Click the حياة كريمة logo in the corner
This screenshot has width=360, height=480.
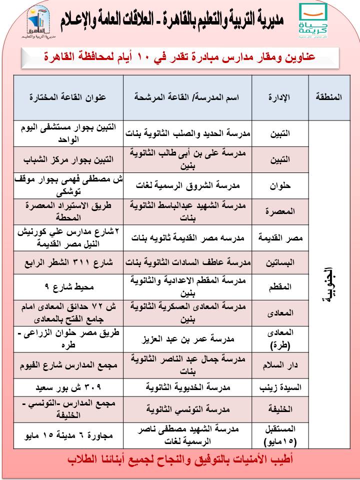coord(313,21)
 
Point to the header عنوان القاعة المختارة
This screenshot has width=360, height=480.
coord(68,97)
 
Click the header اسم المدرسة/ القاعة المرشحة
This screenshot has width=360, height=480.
coord(187,97)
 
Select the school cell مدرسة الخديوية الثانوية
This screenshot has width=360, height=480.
coord(187,387)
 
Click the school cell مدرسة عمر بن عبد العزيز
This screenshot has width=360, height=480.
coord(187,339)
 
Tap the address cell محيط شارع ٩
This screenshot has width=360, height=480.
coord(68,287)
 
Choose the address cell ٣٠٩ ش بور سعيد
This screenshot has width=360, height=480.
coord(68,387)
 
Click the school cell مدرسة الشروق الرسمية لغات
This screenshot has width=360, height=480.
coord(187,184)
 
